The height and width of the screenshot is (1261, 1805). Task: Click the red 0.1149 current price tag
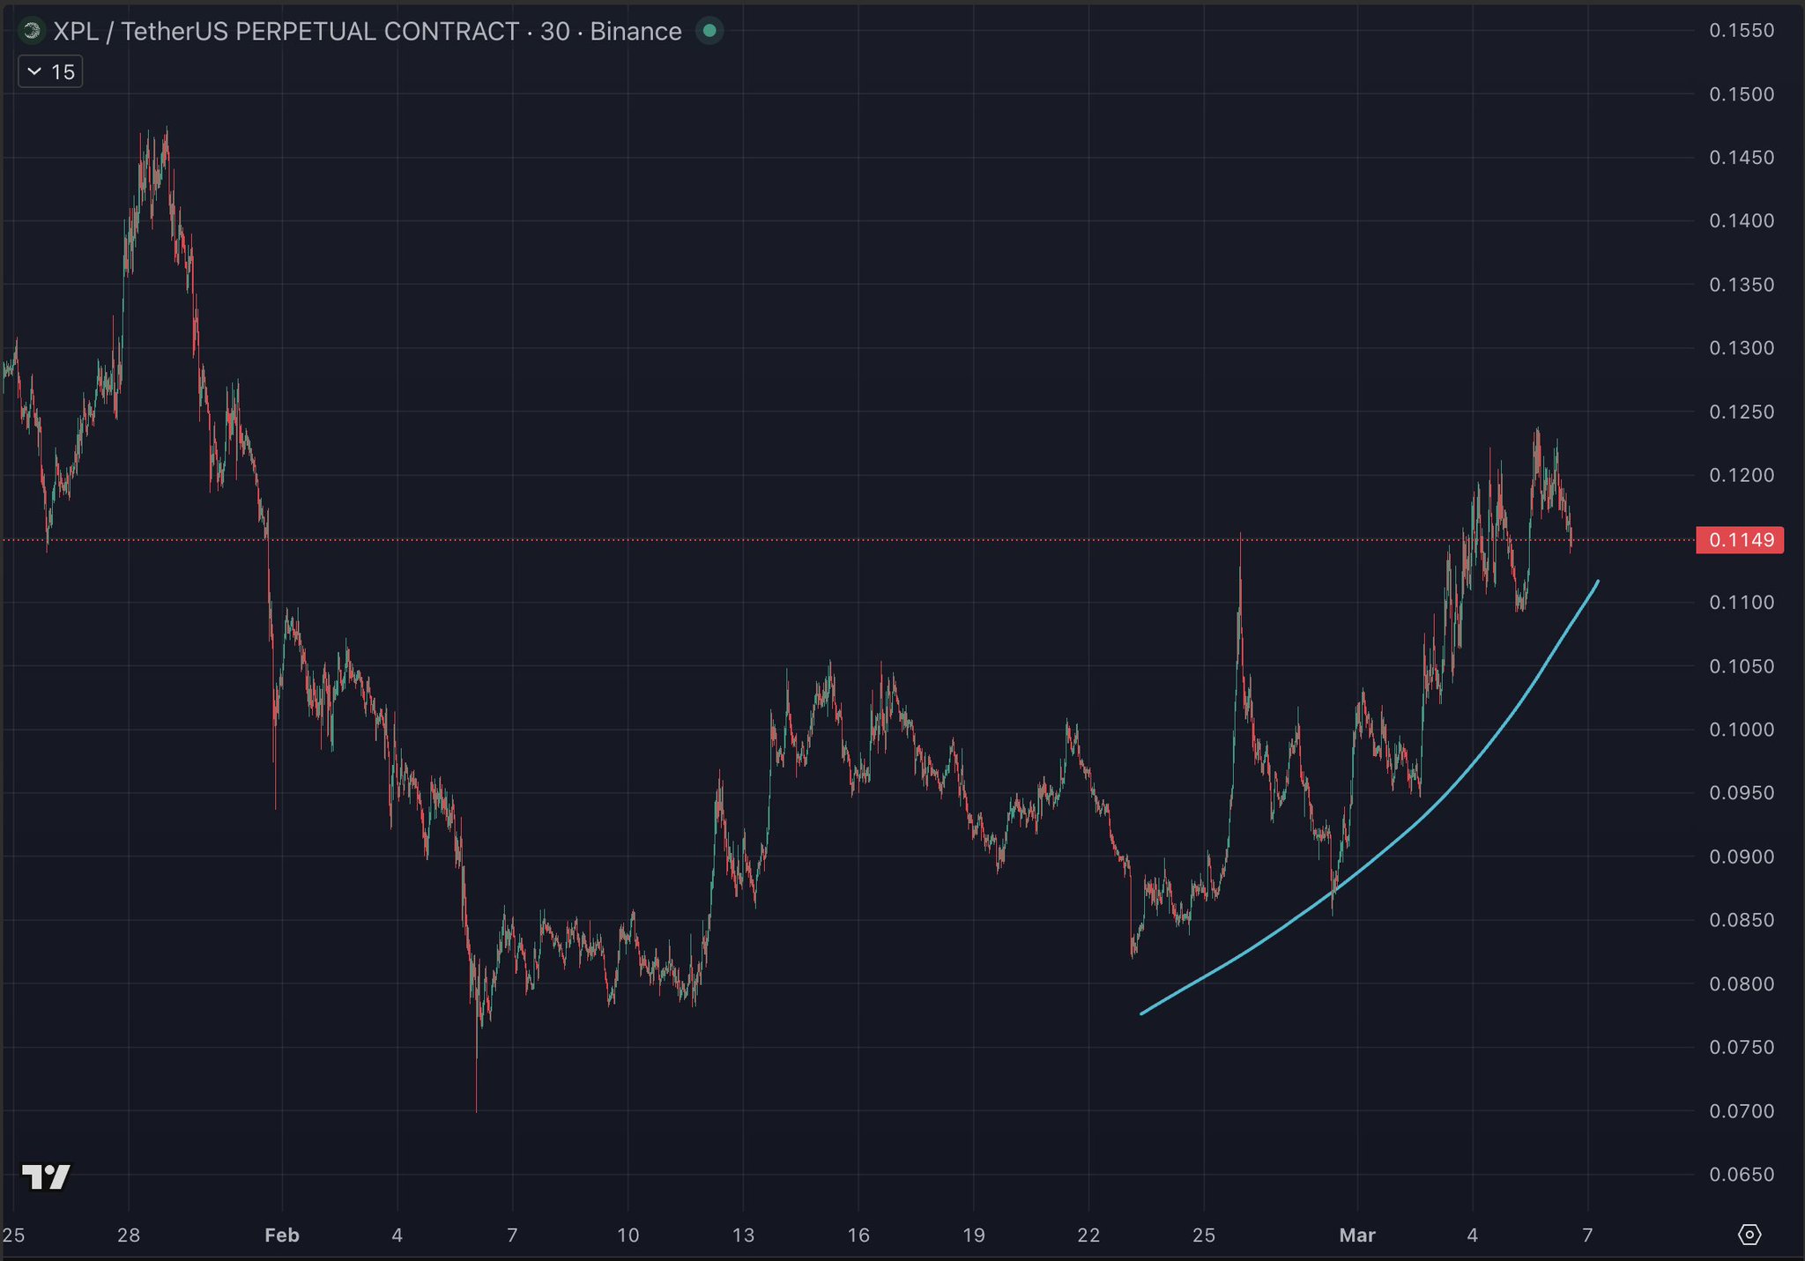[1740, 540]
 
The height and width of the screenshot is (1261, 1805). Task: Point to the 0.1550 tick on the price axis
[1742, 31]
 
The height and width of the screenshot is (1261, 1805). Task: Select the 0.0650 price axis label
[1742, 1175]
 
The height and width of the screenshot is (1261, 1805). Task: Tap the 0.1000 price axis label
[1742, 730]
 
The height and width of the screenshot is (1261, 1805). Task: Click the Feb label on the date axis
[282, 1235]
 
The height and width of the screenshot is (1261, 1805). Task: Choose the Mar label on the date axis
[1357, 1235]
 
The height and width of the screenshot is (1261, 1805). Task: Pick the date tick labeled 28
[129, 1235]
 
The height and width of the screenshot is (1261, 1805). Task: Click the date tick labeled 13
[743, 1235]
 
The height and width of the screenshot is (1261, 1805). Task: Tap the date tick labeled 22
[1088, 1235]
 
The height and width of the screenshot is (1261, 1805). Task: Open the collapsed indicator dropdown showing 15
[50, 71]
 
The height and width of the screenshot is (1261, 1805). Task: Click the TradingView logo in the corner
[46, 1176]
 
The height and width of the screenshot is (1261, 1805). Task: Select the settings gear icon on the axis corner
[1749, 1235]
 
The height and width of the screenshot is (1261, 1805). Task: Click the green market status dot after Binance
[709, 32]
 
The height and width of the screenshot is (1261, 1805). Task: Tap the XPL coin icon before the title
[32, 32]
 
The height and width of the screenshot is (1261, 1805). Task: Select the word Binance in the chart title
[635, 32]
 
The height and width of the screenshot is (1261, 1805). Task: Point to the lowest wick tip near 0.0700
[477, 1110]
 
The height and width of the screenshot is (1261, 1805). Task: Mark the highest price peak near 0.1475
[167, 129]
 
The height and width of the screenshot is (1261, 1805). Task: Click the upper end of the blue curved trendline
[1597, 582]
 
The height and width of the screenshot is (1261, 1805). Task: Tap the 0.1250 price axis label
[1742, 412]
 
